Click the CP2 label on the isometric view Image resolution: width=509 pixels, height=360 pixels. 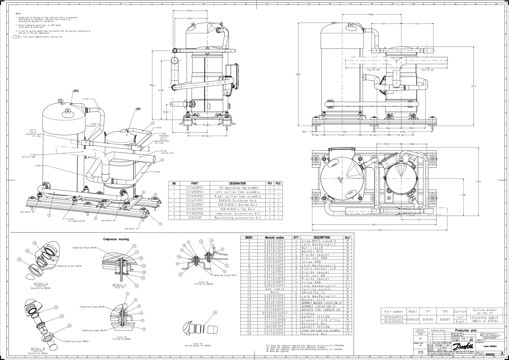[76, 91]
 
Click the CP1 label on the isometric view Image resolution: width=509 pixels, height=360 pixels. [138, 109]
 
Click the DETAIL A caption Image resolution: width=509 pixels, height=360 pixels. [41, 284]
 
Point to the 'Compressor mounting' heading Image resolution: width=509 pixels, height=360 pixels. [116, 239]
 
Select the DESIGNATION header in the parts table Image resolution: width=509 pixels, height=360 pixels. [237, 183]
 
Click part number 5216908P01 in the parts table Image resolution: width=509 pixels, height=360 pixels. [194, 188]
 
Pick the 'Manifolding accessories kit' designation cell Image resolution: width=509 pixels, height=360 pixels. [237, 218]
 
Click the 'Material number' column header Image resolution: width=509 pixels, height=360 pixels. [275, 238]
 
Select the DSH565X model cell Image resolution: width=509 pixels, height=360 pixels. [413, 319]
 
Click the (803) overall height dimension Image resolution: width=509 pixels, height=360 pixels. [299, 74]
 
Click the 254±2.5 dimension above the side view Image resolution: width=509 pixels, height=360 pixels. [190, 11]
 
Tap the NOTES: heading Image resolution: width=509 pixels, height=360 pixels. [19, 14]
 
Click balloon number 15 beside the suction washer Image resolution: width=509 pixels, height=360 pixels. [215, 312]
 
